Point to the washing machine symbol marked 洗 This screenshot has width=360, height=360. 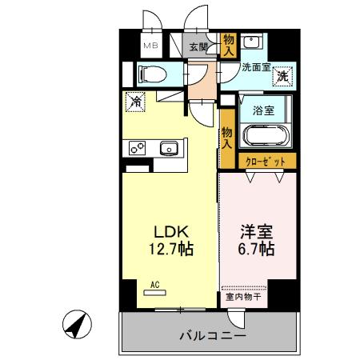pyautogui.click(x=282, y=76)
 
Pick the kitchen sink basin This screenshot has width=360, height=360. pyautogui.click(x=169, y=147)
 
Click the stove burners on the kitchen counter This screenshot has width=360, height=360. pyautogui.click(x=136, y=147)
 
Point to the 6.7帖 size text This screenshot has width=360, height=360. pyautogui.click(x=257, y=250)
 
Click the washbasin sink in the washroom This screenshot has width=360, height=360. pyautogui.click(x=254, y=42)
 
